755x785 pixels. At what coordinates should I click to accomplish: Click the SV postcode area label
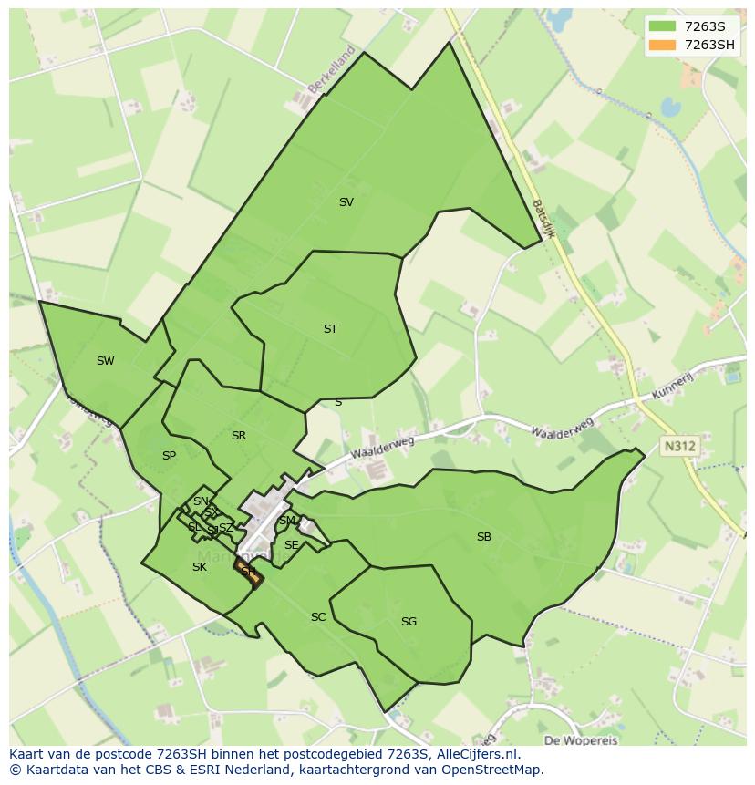coord(346,202)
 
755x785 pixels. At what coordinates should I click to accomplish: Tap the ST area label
coord(330,329)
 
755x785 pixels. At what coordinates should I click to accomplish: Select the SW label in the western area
coord(106,361)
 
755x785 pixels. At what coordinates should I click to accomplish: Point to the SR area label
coord(239,436)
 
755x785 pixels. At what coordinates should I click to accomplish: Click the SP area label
coord(169,456)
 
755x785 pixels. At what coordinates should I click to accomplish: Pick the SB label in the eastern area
coord(484,537)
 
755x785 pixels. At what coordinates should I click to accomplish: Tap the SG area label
coord(409,622)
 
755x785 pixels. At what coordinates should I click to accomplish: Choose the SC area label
coord(318,617)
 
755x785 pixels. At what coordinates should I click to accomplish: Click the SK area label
coord(200,567)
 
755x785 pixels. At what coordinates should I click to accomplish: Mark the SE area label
coord(292,545)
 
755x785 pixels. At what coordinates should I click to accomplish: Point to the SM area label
coord(287,521)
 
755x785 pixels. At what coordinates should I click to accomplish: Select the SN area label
coord(201,501)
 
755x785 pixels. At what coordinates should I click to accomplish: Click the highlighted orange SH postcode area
coord(248,573)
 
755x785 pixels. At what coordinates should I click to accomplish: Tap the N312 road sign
coord(679,446)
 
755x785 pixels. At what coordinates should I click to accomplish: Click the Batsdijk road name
coord(543,219)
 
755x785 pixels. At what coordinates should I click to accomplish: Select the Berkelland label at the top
coord(331,69)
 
